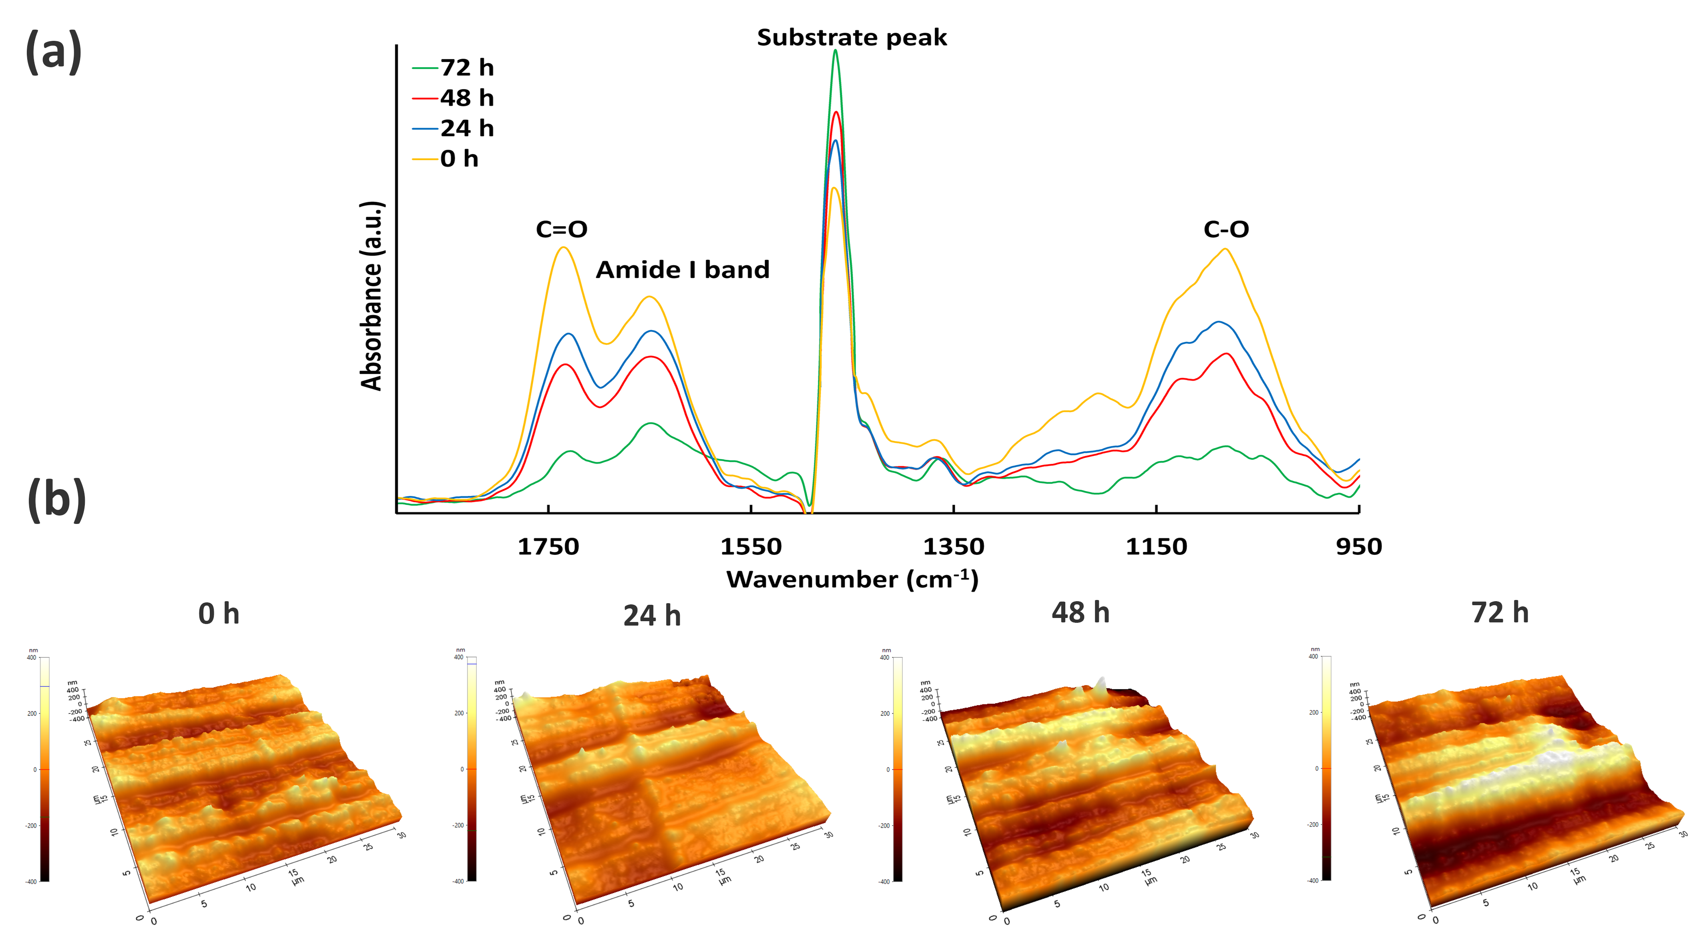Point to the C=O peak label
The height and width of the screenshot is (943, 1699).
click(x=561, y=229)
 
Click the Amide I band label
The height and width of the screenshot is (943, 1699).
click(x=683, y=270)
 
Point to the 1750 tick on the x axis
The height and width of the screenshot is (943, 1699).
click(x=548, y=547)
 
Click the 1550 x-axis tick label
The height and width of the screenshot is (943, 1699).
click(x=751, y=547)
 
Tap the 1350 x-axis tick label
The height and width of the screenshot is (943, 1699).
click(x=953, y=547)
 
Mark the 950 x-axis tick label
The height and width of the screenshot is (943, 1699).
click(x=1359, y=547)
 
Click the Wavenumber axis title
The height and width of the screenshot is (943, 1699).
click(x=852, y=580)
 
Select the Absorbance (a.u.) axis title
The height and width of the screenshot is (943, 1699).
click(x=372, y=296)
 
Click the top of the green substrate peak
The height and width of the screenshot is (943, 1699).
click(x=835, y=51)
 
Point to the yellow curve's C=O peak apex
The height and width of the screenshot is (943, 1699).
click(x=563, y=248)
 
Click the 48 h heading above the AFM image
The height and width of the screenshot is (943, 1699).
click(x=1080, y=613)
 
